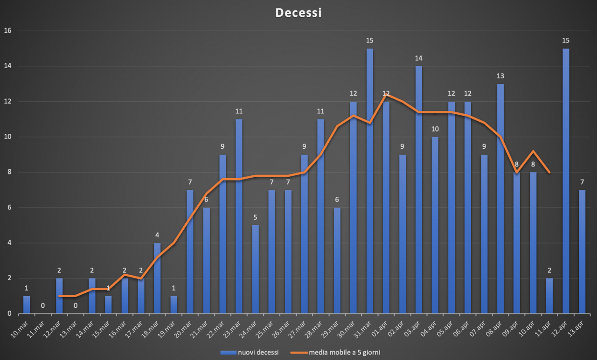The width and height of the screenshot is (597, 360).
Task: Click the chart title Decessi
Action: (298, 13)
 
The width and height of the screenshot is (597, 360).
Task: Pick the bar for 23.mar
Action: (239, 216)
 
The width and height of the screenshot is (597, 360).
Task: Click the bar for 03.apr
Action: (419, 190)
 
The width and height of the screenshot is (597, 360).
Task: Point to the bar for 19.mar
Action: (174, 305)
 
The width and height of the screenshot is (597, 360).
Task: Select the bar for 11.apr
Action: (549, 296)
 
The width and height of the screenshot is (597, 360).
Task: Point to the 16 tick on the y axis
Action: (7, 31)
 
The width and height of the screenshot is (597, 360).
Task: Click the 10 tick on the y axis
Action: (7, 137)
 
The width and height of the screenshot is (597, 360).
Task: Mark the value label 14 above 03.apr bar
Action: (419, 58)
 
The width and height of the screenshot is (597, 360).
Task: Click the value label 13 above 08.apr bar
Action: (500, 76)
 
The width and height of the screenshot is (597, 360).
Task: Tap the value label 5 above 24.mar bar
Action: (255, 217)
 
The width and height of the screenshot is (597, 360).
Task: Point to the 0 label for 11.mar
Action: (43, 306)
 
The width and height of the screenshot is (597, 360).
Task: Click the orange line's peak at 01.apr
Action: (386, 95)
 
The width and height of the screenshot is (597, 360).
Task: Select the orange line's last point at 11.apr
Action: (549, 173)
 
